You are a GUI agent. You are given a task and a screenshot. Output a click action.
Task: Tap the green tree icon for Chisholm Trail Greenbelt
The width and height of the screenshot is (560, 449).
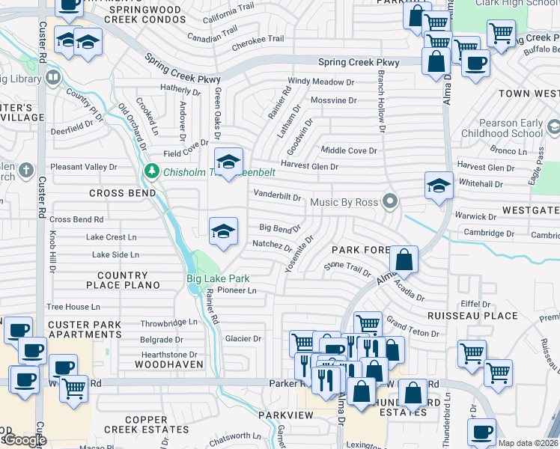151,172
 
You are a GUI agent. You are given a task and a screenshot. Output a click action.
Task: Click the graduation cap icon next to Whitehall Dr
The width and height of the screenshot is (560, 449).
438,186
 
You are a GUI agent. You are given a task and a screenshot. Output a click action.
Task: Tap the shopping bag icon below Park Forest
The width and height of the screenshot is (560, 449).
403,261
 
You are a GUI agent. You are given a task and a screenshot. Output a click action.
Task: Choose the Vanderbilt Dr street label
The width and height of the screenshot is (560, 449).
277,197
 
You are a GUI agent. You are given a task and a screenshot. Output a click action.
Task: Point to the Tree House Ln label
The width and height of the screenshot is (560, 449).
73,307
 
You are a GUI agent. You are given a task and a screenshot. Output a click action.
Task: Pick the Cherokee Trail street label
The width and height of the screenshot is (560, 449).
258,39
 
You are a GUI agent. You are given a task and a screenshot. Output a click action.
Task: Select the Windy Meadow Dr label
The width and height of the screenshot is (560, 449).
321,82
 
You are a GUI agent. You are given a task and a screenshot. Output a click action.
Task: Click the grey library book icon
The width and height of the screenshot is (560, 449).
52,77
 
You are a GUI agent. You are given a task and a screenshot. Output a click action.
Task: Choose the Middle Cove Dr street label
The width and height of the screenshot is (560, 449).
348,150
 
